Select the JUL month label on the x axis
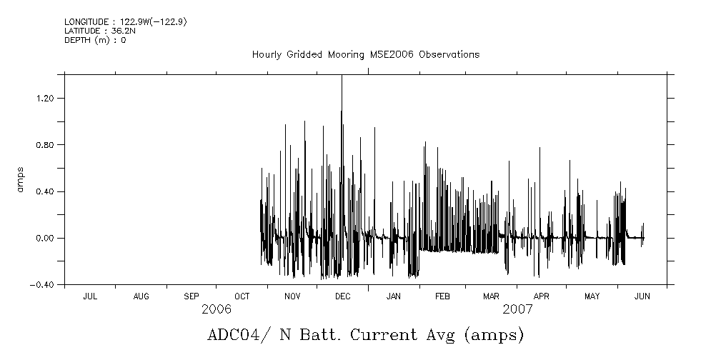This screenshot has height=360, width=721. tap(90, 296)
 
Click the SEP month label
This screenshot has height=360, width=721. tap(192, 296)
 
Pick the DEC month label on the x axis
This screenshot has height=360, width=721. tap(342, 296)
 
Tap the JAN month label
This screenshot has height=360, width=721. tap(393, 296)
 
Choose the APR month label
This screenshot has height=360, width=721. tap(541, 296)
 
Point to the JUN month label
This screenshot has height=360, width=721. tap(642, 296)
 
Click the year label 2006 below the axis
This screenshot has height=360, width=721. tap(217, 309)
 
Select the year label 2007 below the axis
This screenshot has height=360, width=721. tap(517, 309)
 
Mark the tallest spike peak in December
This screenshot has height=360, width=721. tap(342, 76)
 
